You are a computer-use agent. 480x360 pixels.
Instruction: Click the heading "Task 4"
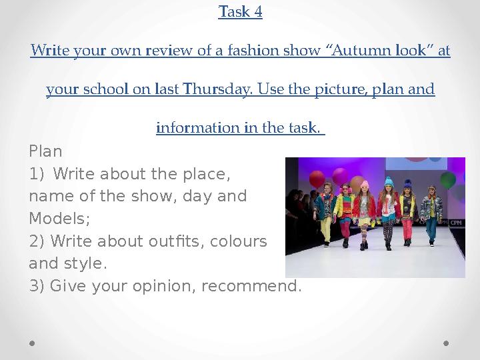[x=240, y=12]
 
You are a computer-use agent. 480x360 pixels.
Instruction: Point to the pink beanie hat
[x=364, y=184]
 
